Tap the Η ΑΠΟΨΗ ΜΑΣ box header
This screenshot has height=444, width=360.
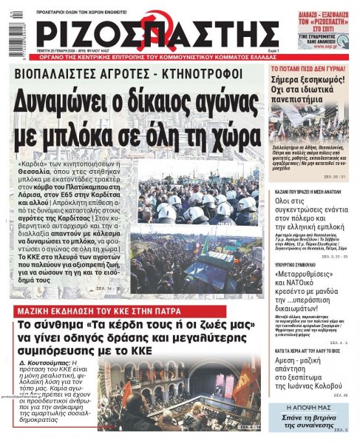tap(310, 408)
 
